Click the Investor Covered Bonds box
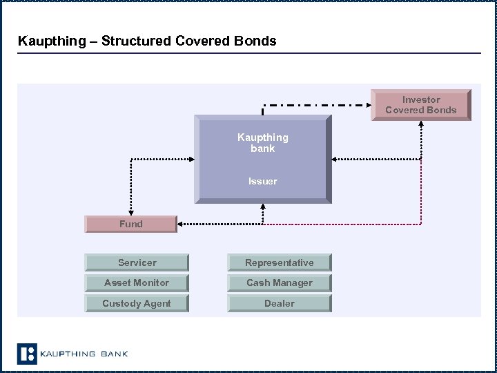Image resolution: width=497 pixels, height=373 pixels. click(420, 105)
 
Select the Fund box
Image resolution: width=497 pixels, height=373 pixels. click(130, 224)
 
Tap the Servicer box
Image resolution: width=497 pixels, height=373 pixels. click(137, 262)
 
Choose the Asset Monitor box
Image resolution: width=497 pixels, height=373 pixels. click(137, 283)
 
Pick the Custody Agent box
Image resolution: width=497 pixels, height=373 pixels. click(137, 303)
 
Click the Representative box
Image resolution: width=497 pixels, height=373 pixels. click(280, 262)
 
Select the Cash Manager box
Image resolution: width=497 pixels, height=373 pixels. click(280, 283)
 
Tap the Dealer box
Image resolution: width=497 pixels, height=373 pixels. click(280, 303)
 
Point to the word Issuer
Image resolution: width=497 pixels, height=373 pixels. click(262, 181)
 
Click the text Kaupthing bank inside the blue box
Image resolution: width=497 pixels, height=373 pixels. click(262, 143)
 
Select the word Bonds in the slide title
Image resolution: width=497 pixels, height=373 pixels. click(257, 41)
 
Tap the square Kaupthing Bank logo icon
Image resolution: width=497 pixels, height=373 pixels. click(26, 354)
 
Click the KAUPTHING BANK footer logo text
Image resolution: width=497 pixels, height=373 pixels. click(84, 354)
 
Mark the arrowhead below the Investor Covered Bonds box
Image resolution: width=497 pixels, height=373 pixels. click(421, 125)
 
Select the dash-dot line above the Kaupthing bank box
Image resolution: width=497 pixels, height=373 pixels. click(318, 106)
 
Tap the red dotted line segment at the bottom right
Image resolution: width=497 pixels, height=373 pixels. click(345, 224)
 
